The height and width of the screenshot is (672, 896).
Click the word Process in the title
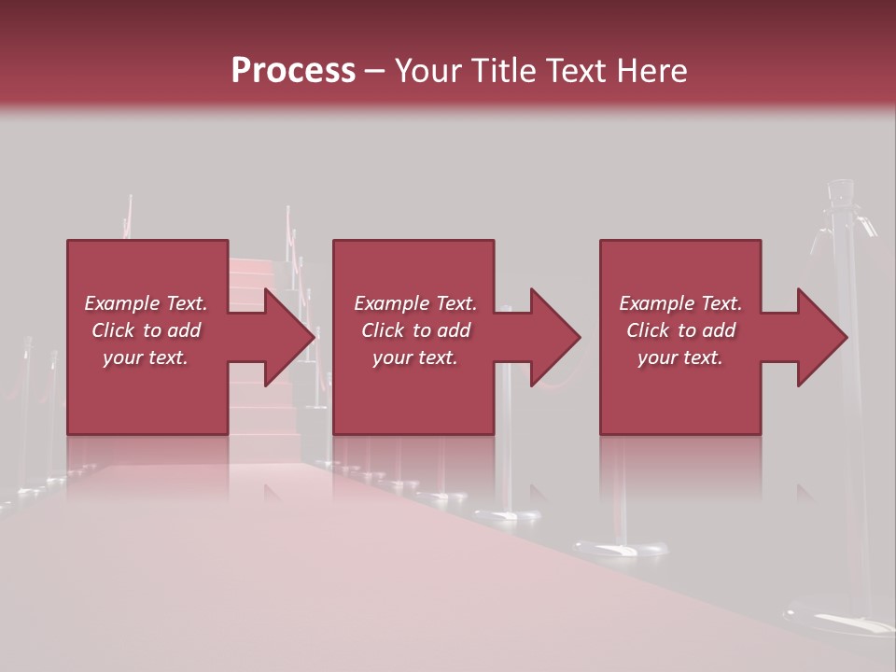tap(293, 71)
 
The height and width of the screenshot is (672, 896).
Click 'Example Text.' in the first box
tap(146, 303)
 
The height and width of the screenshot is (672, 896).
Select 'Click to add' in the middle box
tap(415, 330)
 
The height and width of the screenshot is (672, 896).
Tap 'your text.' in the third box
tap(680, 357)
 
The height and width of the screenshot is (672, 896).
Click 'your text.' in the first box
tap(146, 357)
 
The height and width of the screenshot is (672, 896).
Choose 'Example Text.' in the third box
tap(680, 303)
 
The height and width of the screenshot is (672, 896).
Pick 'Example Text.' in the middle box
tap(415, 303)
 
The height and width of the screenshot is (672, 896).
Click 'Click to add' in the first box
tap(146, 330)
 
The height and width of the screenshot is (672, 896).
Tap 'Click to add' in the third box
tap(680, 330)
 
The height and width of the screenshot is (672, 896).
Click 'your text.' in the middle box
tap(415, 357)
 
